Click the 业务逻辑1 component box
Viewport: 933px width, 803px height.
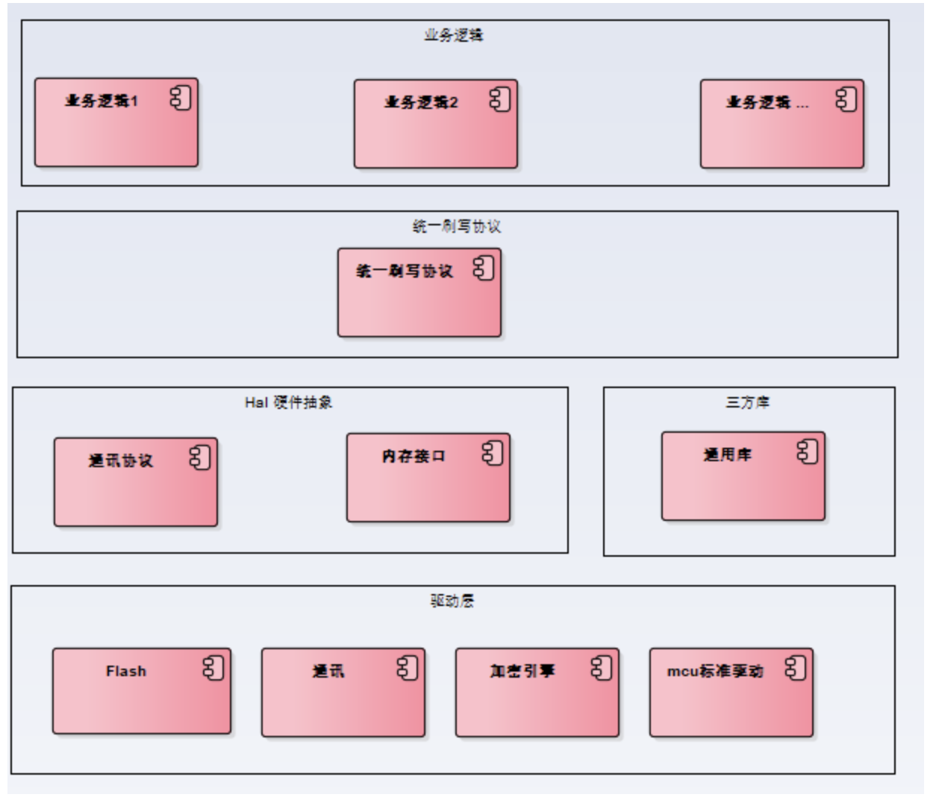point(116,122)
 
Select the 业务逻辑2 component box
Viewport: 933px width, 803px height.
point(436,124)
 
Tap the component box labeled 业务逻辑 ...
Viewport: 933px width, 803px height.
point(781,124)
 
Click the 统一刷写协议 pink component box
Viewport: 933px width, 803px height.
point(419,293)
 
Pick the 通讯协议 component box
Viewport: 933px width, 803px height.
point(136,482)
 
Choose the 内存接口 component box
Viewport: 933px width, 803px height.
point(428,478)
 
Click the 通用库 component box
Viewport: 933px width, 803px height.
point(743,475)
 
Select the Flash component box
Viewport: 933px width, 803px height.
point(142,691)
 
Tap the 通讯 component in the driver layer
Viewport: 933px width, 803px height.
point(343,693)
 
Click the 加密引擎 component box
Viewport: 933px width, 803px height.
point(537,693)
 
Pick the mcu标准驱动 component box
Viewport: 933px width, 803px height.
point(731,693)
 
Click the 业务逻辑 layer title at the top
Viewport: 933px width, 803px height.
point(454,35)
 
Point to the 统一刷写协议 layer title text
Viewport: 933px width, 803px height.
point(457,226)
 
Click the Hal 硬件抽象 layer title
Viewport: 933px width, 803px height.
point(289,402)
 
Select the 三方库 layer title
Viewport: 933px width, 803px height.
point(748,402)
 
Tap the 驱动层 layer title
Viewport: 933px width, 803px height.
point(452,601)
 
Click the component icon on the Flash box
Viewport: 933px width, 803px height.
point(213,668)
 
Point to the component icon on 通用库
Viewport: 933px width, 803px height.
point(808,452)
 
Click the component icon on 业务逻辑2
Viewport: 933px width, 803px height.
point(500,99)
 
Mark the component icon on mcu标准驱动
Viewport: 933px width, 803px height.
point(796,668)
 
